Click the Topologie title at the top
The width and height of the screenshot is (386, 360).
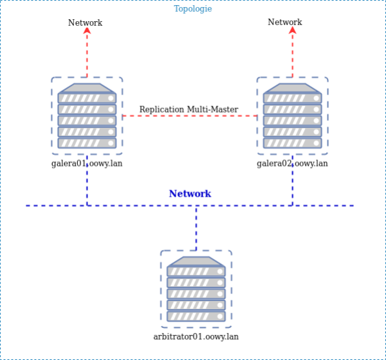tap(193, 9)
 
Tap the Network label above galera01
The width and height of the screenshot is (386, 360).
tap(86, 22)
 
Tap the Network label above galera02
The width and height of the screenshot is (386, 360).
tap(285, 22)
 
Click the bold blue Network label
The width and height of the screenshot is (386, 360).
tap(190, 194)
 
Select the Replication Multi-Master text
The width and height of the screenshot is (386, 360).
tap(188, 109)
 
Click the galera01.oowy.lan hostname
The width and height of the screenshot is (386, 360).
tap(87, 163)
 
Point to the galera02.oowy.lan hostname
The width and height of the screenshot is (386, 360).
tap(293, 163)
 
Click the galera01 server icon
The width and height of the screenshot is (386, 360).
tap(87, 116)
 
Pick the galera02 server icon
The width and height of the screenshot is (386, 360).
tap(293, 116)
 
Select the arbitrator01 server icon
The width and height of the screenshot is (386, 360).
tap(196, 289)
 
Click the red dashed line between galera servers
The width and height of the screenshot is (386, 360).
tap(132, 116)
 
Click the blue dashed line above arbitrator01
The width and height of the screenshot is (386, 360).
tap(196, 228)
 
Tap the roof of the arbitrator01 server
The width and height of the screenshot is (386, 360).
tap(196, 261)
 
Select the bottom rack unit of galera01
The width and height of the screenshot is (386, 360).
tap(87, 143)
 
